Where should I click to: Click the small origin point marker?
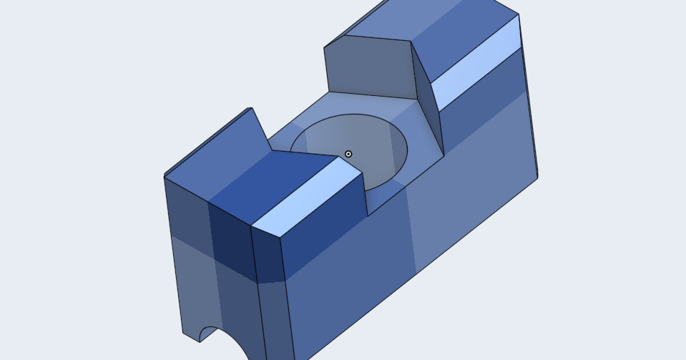click(348, 154)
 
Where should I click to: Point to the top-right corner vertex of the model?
click(519, 14)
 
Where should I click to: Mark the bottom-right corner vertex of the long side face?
click(537, 177)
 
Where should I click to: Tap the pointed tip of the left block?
click(251, 108)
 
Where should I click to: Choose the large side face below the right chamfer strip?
click(472, 179)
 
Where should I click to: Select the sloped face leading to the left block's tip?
click(215, 150)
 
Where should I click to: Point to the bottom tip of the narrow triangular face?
click(444, 154)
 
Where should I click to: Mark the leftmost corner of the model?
click(165, 176)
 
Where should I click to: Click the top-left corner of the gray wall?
click(324, 48)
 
